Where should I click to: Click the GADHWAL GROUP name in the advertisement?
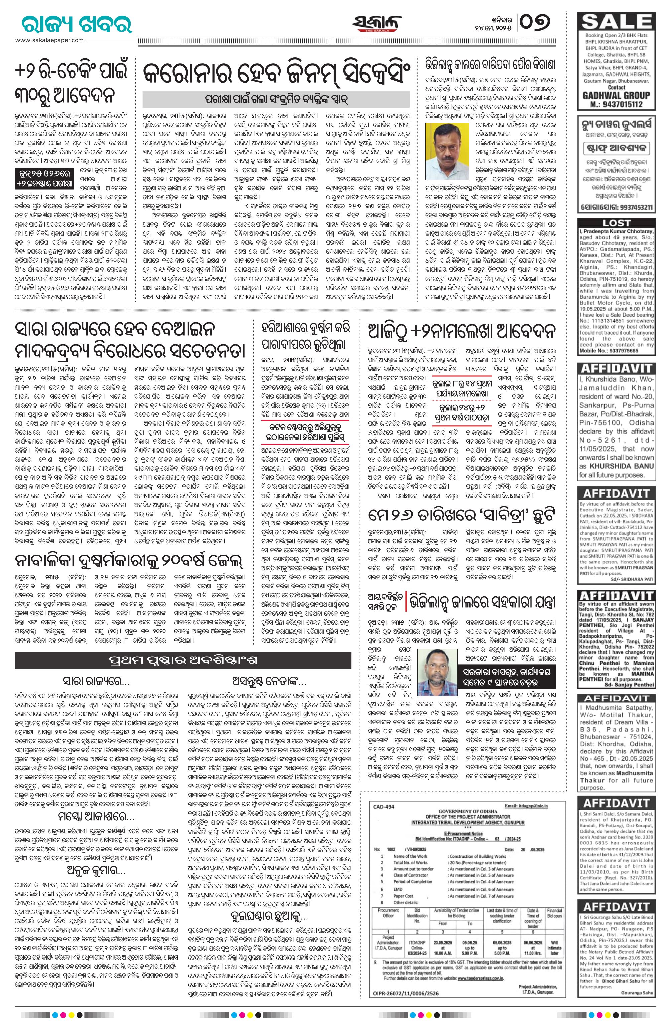pyautogui.click(x=622, y=95)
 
